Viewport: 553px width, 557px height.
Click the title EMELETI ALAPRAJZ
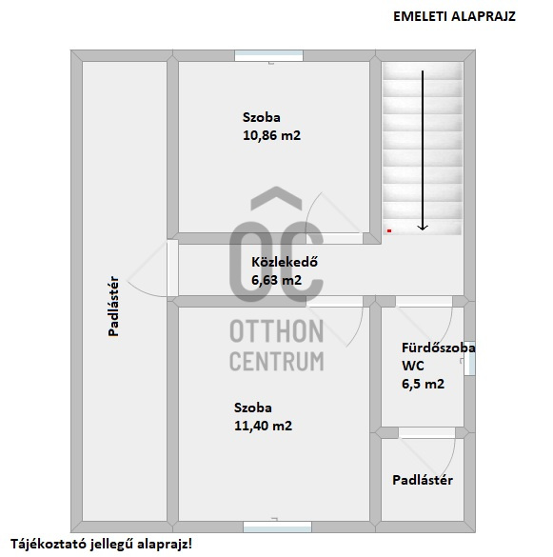[x=454, y=17]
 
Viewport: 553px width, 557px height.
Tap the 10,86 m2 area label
[x=271, y=135]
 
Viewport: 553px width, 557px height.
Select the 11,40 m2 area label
[x=264, y=426]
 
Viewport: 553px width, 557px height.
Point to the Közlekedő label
[x=285, y=262]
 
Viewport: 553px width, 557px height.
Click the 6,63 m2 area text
[x=276, y=280]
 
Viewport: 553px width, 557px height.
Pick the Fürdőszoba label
[x=438, y=348]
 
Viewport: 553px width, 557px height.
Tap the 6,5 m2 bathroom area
[x=423, y=384]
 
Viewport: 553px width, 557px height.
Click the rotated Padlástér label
[x=113, y=306]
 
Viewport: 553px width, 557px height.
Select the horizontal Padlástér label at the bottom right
[x=423, y=480]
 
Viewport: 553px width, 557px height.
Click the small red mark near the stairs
[x=389, y=231]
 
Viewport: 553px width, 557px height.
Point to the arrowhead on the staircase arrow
[x=423, y=228]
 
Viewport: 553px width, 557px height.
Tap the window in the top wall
[x=268, y=56]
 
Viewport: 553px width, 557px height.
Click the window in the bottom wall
[x=277, y=527]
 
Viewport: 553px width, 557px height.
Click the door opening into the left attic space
[x=172, y=269]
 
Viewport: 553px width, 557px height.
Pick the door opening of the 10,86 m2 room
[x=335, y=238]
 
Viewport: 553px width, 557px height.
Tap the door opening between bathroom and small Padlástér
[x=426, y=433]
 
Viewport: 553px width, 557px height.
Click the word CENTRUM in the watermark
[x=277, y=361]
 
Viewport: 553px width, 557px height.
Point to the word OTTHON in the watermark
[x=277, y=331]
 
